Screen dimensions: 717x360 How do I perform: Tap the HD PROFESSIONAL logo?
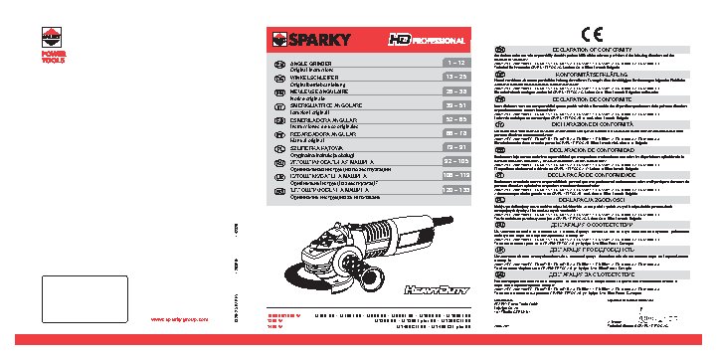point(426,41)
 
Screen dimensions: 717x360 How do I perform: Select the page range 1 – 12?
point(454,62)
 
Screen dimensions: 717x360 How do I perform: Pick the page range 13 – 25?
point(454,76)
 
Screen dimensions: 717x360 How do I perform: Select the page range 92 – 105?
point(454,159)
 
